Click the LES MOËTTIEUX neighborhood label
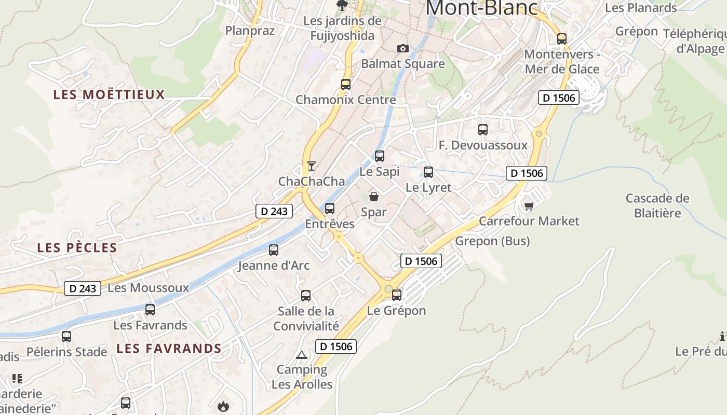(x=109, y=94)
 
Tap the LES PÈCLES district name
(x=77, y=247)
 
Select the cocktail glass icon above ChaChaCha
(x=311, y=166)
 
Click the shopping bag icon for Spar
(x=373, y=197)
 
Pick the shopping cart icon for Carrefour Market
(x=529, y=206)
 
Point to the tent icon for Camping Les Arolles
(x=301, y=355)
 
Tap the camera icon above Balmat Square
(x=402, y=48)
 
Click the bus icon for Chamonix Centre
(x=346, y=84)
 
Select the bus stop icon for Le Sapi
(x=380, y=156)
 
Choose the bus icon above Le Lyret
(x=428, y=172)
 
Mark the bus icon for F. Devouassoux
(x=483, y=130)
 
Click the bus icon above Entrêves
(x=330, y=209)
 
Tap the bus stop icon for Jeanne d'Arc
(x=274, y=250)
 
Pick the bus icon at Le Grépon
(x=397, y=295)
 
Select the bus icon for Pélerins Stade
(x=66, y=336)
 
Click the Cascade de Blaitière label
(x=657, y=205)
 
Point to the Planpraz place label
(x=250, y=31)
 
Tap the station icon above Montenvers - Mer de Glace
(x=561, y=38)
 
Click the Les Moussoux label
(x=148, y=287)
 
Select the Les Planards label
(x=641, y=8)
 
